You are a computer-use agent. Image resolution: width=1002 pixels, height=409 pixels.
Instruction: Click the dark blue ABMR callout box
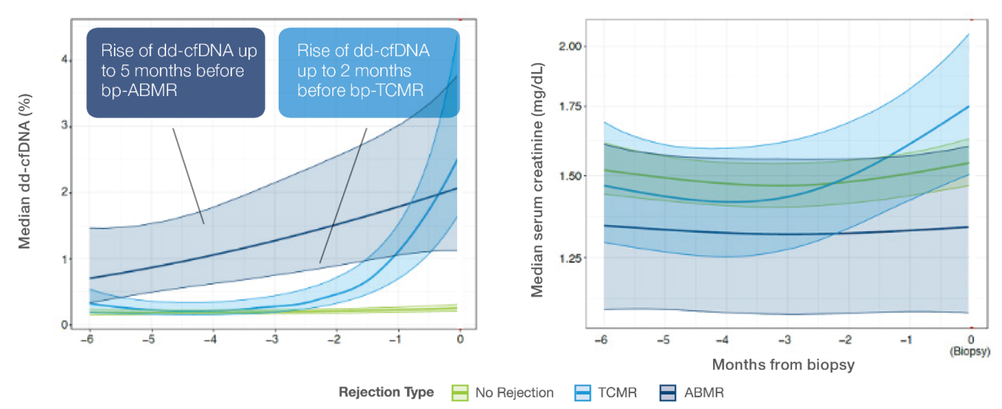[176, 73]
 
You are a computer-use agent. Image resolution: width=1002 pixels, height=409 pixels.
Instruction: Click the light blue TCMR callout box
[369, 73]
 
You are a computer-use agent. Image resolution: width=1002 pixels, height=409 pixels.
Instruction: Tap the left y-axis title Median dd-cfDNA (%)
[24, 171]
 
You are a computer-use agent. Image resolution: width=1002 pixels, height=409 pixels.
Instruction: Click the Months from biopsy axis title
[783, 365]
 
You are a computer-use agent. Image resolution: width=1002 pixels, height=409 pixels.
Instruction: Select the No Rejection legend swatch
[460, 392]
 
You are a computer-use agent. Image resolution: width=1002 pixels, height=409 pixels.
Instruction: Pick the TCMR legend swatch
[583, 392]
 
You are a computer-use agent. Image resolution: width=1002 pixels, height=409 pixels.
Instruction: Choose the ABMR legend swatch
[668, 392]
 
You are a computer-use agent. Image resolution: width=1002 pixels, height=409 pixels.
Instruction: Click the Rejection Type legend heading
[386, 392]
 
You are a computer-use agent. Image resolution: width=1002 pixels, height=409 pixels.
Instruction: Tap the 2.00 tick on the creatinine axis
[570, 46]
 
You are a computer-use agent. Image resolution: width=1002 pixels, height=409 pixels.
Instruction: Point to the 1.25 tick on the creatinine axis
[570, 258]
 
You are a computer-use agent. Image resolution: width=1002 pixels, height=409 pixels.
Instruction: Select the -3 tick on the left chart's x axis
[272, 340]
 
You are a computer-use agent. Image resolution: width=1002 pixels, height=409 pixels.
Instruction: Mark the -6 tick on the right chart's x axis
[601, 340]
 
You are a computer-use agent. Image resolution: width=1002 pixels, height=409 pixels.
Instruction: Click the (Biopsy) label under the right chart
[970, 351]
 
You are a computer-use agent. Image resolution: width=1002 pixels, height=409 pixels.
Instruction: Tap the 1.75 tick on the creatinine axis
[570, 107]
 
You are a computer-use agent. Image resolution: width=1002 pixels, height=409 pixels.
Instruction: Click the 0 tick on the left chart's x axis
[460, 340]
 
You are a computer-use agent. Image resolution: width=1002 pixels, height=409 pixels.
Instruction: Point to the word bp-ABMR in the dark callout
[139, 90]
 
